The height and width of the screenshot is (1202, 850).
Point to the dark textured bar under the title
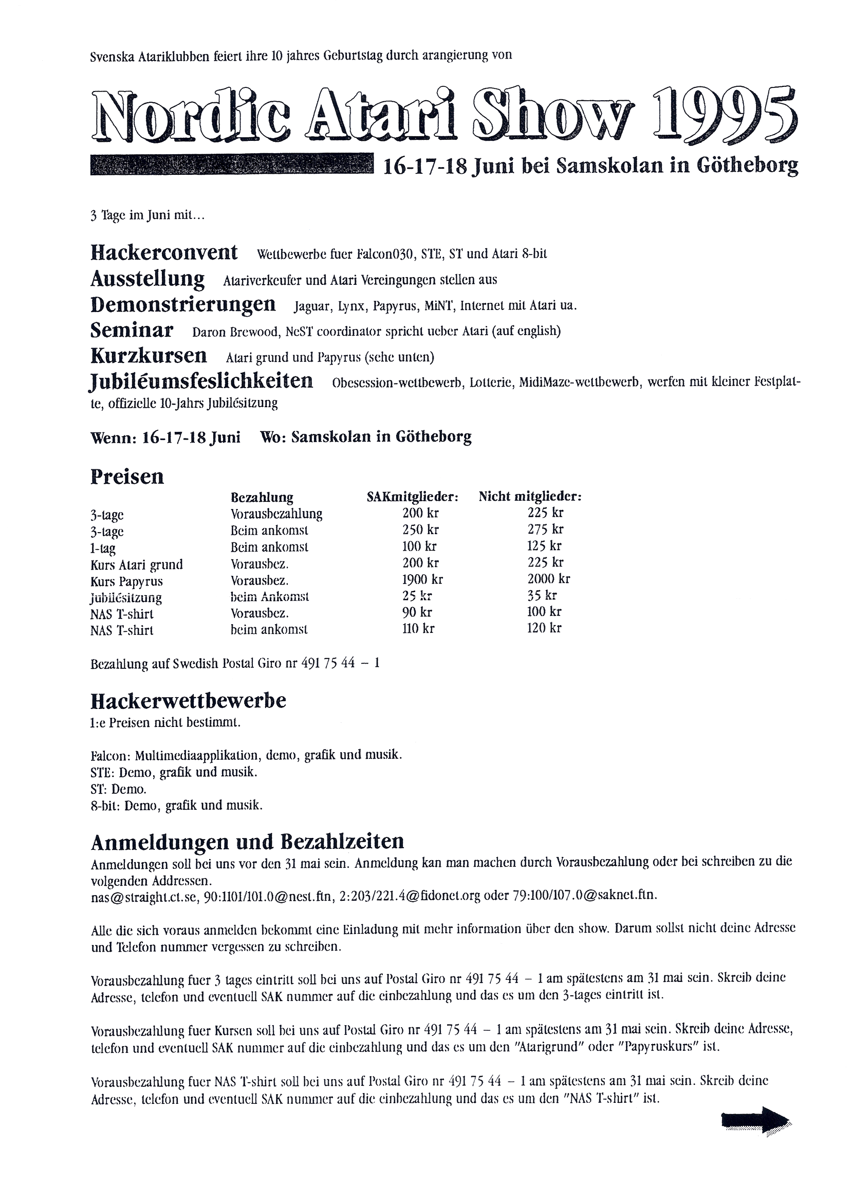[232, 164]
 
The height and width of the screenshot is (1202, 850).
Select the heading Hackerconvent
[164, 253]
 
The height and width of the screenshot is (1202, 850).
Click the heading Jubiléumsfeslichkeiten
[201, 381]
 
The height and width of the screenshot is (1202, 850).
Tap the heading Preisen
[127, 477]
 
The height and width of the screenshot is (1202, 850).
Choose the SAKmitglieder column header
[413, 497]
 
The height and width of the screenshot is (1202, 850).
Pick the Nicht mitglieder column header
[530, 496]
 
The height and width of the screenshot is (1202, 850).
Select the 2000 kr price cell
[548, 578]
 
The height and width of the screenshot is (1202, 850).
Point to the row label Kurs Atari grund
[137, 565]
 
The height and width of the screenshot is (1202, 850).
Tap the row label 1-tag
[103, 549]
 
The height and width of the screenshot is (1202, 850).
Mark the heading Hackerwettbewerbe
[189, 701]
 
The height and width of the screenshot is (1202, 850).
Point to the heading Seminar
[132, 331]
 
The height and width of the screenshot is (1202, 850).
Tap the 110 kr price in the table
[418, 628]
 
